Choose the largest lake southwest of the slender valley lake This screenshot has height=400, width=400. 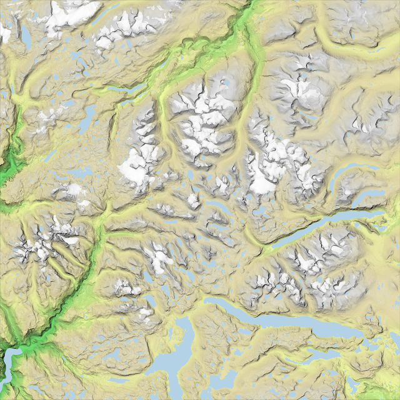coord(87,119)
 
